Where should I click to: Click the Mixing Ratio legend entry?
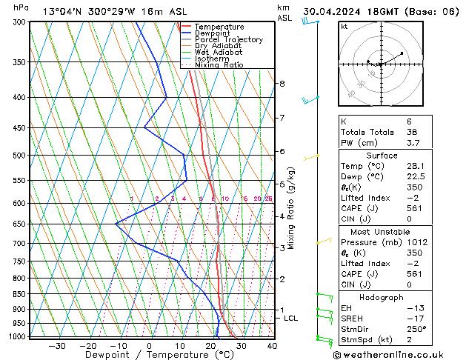219,64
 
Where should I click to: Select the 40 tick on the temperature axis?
272,345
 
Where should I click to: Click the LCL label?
291,319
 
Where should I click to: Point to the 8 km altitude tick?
282,84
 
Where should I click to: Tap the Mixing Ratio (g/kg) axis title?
292,207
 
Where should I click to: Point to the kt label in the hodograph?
344,27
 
